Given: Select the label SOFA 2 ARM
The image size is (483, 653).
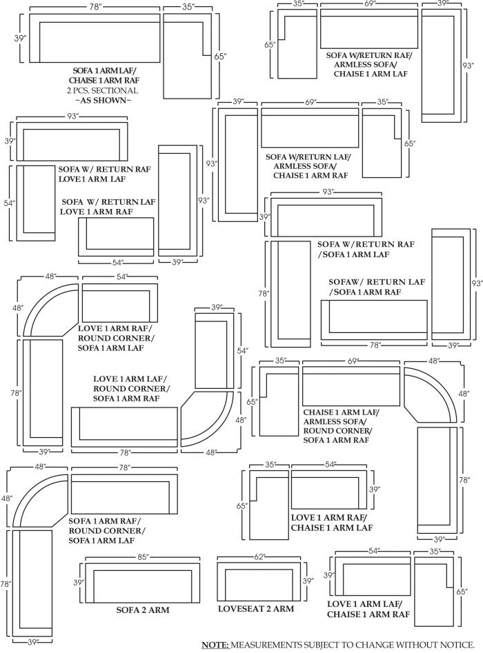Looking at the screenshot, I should (x=143, y=610).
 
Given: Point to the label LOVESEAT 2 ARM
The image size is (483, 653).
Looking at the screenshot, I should (x=256, y=609).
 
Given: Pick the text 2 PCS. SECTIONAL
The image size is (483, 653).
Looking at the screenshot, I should (x=103, y=90).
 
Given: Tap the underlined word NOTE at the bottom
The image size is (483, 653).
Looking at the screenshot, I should (x=215, y=645).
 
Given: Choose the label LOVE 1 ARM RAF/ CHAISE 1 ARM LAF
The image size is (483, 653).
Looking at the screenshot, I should (x=332, y=523).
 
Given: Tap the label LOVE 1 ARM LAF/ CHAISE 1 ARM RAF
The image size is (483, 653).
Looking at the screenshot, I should (x=367, y=608).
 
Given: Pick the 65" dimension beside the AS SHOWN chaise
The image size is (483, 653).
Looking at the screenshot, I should (x=219, y=57).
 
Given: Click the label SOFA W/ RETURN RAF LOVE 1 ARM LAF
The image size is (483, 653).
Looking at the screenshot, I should (x=105, y=174).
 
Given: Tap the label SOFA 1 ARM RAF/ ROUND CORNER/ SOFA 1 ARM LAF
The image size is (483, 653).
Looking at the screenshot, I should (x=106, y=531).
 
